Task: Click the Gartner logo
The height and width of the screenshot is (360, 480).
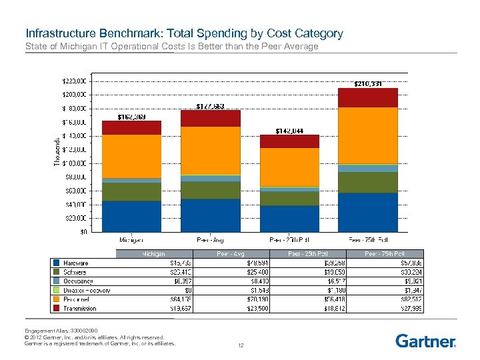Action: point(425,341)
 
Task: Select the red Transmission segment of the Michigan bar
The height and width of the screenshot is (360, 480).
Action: point(131,127)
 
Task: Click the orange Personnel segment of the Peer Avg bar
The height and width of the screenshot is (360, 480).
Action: point(211,150)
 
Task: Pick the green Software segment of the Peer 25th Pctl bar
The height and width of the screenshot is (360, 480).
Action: point(289,198)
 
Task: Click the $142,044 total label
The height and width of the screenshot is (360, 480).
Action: point(289,131)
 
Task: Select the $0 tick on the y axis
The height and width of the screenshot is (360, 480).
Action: point(85,232)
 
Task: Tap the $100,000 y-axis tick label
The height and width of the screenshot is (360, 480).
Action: point(73,163)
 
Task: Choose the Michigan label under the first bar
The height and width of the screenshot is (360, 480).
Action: point(131,239)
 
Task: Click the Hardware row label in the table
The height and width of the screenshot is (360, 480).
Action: point(75,263)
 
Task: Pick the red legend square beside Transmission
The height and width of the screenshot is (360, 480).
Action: point(57,308)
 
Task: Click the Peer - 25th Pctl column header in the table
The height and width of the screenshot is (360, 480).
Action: point(308,254)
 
